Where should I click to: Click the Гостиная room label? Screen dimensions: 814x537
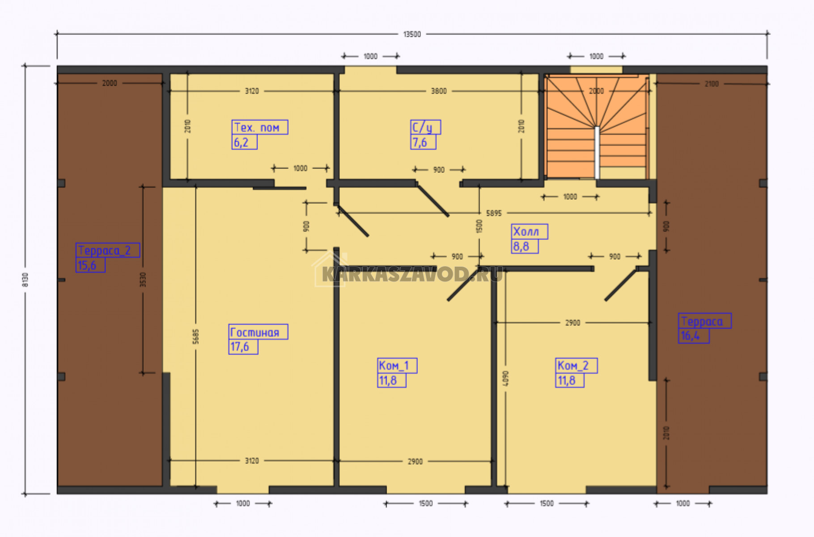[x=254, y=332]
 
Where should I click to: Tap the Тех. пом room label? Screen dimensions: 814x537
[x=257, y=128]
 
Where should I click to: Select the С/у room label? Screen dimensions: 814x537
[x=422, y=128]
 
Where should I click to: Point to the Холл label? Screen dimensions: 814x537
[x=526, y=232]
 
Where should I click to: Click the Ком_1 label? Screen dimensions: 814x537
[x=394, y=366]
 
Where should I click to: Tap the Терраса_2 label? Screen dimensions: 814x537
[x=104, y=251]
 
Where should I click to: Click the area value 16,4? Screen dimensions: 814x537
[x=690, y=336]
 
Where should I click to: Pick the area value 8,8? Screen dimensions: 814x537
[x=521, y=247]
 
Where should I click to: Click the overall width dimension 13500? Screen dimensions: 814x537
[x=412, y=34]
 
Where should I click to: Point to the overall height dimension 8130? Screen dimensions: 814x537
[x=25, y=280]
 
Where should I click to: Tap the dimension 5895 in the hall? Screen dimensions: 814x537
[x=494, y=213]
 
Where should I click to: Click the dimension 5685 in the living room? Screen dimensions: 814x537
[x=196, y=337]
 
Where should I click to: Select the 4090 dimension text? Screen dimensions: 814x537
[x=506, y=378]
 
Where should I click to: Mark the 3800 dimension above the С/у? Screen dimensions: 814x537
[x=439, y=91]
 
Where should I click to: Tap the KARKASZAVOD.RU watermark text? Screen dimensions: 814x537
[x=412, y=274]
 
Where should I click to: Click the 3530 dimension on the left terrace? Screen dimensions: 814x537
[x=143, y=280]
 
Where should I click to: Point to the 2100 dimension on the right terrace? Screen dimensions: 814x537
[x=712, y=84]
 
